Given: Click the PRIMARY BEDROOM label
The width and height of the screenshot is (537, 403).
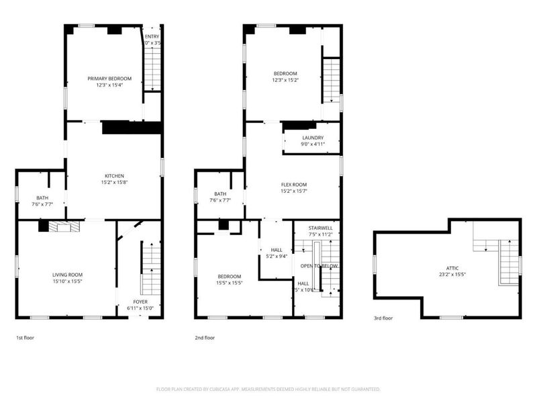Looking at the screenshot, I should coord(109,79).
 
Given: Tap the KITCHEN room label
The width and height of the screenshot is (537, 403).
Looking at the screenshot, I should coord(113,176).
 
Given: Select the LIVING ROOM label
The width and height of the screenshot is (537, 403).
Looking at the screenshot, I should coord(67,274).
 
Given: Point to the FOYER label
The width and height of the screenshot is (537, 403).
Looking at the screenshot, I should coord(140,302).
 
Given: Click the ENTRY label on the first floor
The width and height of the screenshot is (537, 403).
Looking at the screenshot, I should coord(153,36).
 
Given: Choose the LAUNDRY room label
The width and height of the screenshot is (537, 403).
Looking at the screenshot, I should coord(313,138).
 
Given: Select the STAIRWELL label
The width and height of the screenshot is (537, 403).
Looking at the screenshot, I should coord(320,229).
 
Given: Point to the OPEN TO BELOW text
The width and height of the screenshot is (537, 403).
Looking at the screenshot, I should coord(320,265).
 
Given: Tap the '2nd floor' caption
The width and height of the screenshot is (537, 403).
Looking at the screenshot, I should coord(205,338).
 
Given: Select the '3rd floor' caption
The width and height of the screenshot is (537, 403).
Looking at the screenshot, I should coord(383,318).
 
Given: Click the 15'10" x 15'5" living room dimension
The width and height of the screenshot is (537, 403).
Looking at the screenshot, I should coord(67,281).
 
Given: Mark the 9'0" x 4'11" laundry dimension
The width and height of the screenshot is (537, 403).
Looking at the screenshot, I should coord(313,144).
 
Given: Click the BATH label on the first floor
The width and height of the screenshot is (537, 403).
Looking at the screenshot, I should coord(42,197).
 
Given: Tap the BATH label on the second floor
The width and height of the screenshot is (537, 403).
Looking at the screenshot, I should coord(220,193).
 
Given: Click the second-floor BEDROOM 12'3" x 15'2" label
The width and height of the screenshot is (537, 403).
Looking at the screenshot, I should coord(285,73).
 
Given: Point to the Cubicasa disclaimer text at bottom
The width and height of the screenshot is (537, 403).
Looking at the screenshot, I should coord(268,389).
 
